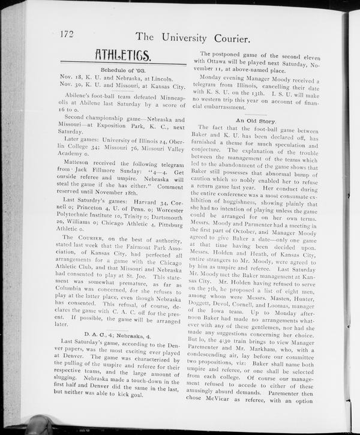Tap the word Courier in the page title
pos(227,39)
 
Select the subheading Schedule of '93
pos(122,70)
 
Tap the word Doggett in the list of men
pos(210,323)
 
